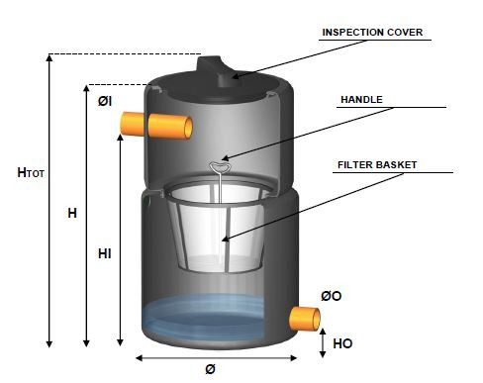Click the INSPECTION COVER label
click(x=372, y=33)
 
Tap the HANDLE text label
click(x=361, y=99)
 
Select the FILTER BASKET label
click(x=377, y=164)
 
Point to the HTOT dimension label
click(x=31, y=172)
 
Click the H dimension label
click(x=72, y=213)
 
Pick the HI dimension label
click(x=104, y=253)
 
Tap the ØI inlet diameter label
click(x=105, y=101)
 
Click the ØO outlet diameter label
click(x=331, y=296)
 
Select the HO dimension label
click(x=342, y=343)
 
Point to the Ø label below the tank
click(x=210, y=369)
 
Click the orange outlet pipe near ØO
click(x=304, y=319)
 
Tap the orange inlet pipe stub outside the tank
click(x=132, y=124)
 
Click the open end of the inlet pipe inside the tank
click(x=188, y=128)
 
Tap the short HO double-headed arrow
click(x=323, y=343)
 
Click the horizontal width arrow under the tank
click(x=216, y=358)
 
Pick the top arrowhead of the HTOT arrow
click(x=49, y=58)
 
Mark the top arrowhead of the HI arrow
click(x=121, y=138)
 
